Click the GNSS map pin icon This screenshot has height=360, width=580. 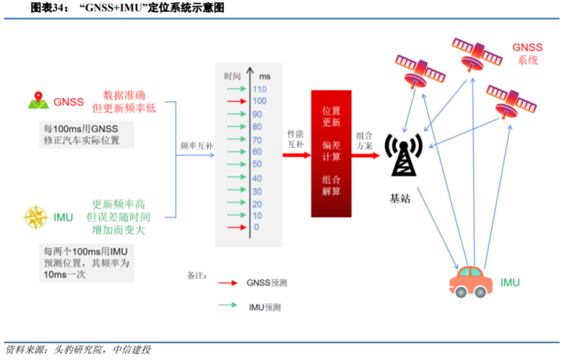pyautogui.click(x=37, y=100)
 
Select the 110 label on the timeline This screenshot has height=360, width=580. pyautogui.click(x=259, y=89)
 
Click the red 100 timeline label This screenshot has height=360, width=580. pyautogui.click(x=259, y=101)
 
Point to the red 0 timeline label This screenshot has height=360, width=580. pyautogui.click(x=257, y=228)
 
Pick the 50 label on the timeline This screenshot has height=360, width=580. pyautogui.click(x=257, y=164)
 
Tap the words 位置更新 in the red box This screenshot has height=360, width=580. pyautogui.click(x=331, y=116)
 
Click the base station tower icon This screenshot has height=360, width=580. pyautogui.click(x=400, y=155)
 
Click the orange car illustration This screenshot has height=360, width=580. pyautogui.click(x=471, y=284)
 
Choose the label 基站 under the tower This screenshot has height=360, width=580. pyautogui.click(x=400, y=199)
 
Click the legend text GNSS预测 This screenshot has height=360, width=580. pyautogui.click(x=266, y=282)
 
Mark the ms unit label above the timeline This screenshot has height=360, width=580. pyautogui.click(x=265, y=77)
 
